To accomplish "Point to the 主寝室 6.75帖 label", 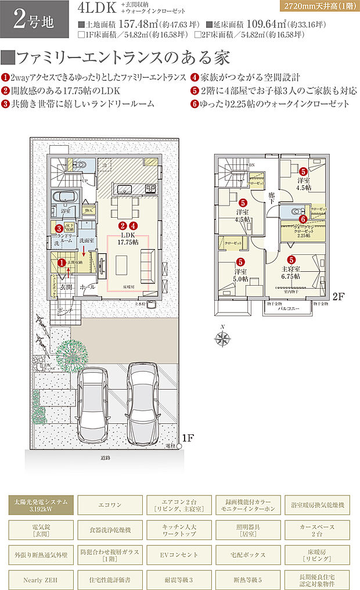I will point(291,273).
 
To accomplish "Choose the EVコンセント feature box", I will point(179,555).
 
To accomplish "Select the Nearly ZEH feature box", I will point(41,580).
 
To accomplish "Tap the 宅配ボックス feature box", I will point(249,555).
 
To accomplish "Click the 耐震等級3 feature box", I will point(179,580).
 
